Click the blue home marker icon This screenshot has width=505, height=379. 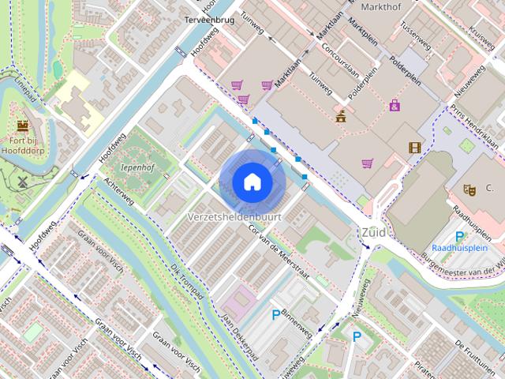point(251,182)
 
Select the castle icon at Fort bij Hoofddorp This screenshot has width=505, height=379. point(23,125)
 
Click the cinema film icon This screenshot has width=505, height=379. point(414,147)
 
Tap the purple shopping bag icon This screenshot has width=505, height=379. point(394,106)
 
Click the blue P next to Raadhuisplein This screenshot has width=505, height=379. point(459,236)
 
